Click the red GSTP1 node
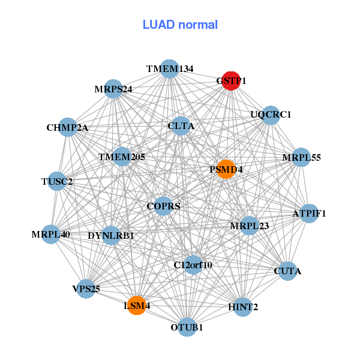pos(231,80)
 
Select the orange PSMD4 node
pos(226,169)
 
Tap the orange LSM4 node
pos(137,305)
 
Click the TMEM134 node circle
pos(170,69)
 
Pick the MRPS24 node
pos(113,89)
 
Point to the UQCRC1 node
pos(271,115)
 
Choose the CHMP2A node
pos(68,127)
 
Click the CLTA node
pos(181,126)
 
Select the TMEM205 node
pos(122,157)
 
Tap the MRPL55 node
pos(301,158)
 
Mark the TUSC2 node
pos(57,181)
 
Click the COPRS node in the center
pos(164,206)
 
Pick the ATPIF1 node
pos(308,214)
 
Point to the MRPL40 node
pos(51,234)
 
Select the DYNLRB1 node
pos(111,235)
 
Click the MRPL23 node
pos(249,226)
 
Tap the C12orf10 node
pos(193,264)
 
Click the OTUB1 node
pos(187,327)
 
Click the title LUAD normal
pos(180,25)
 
